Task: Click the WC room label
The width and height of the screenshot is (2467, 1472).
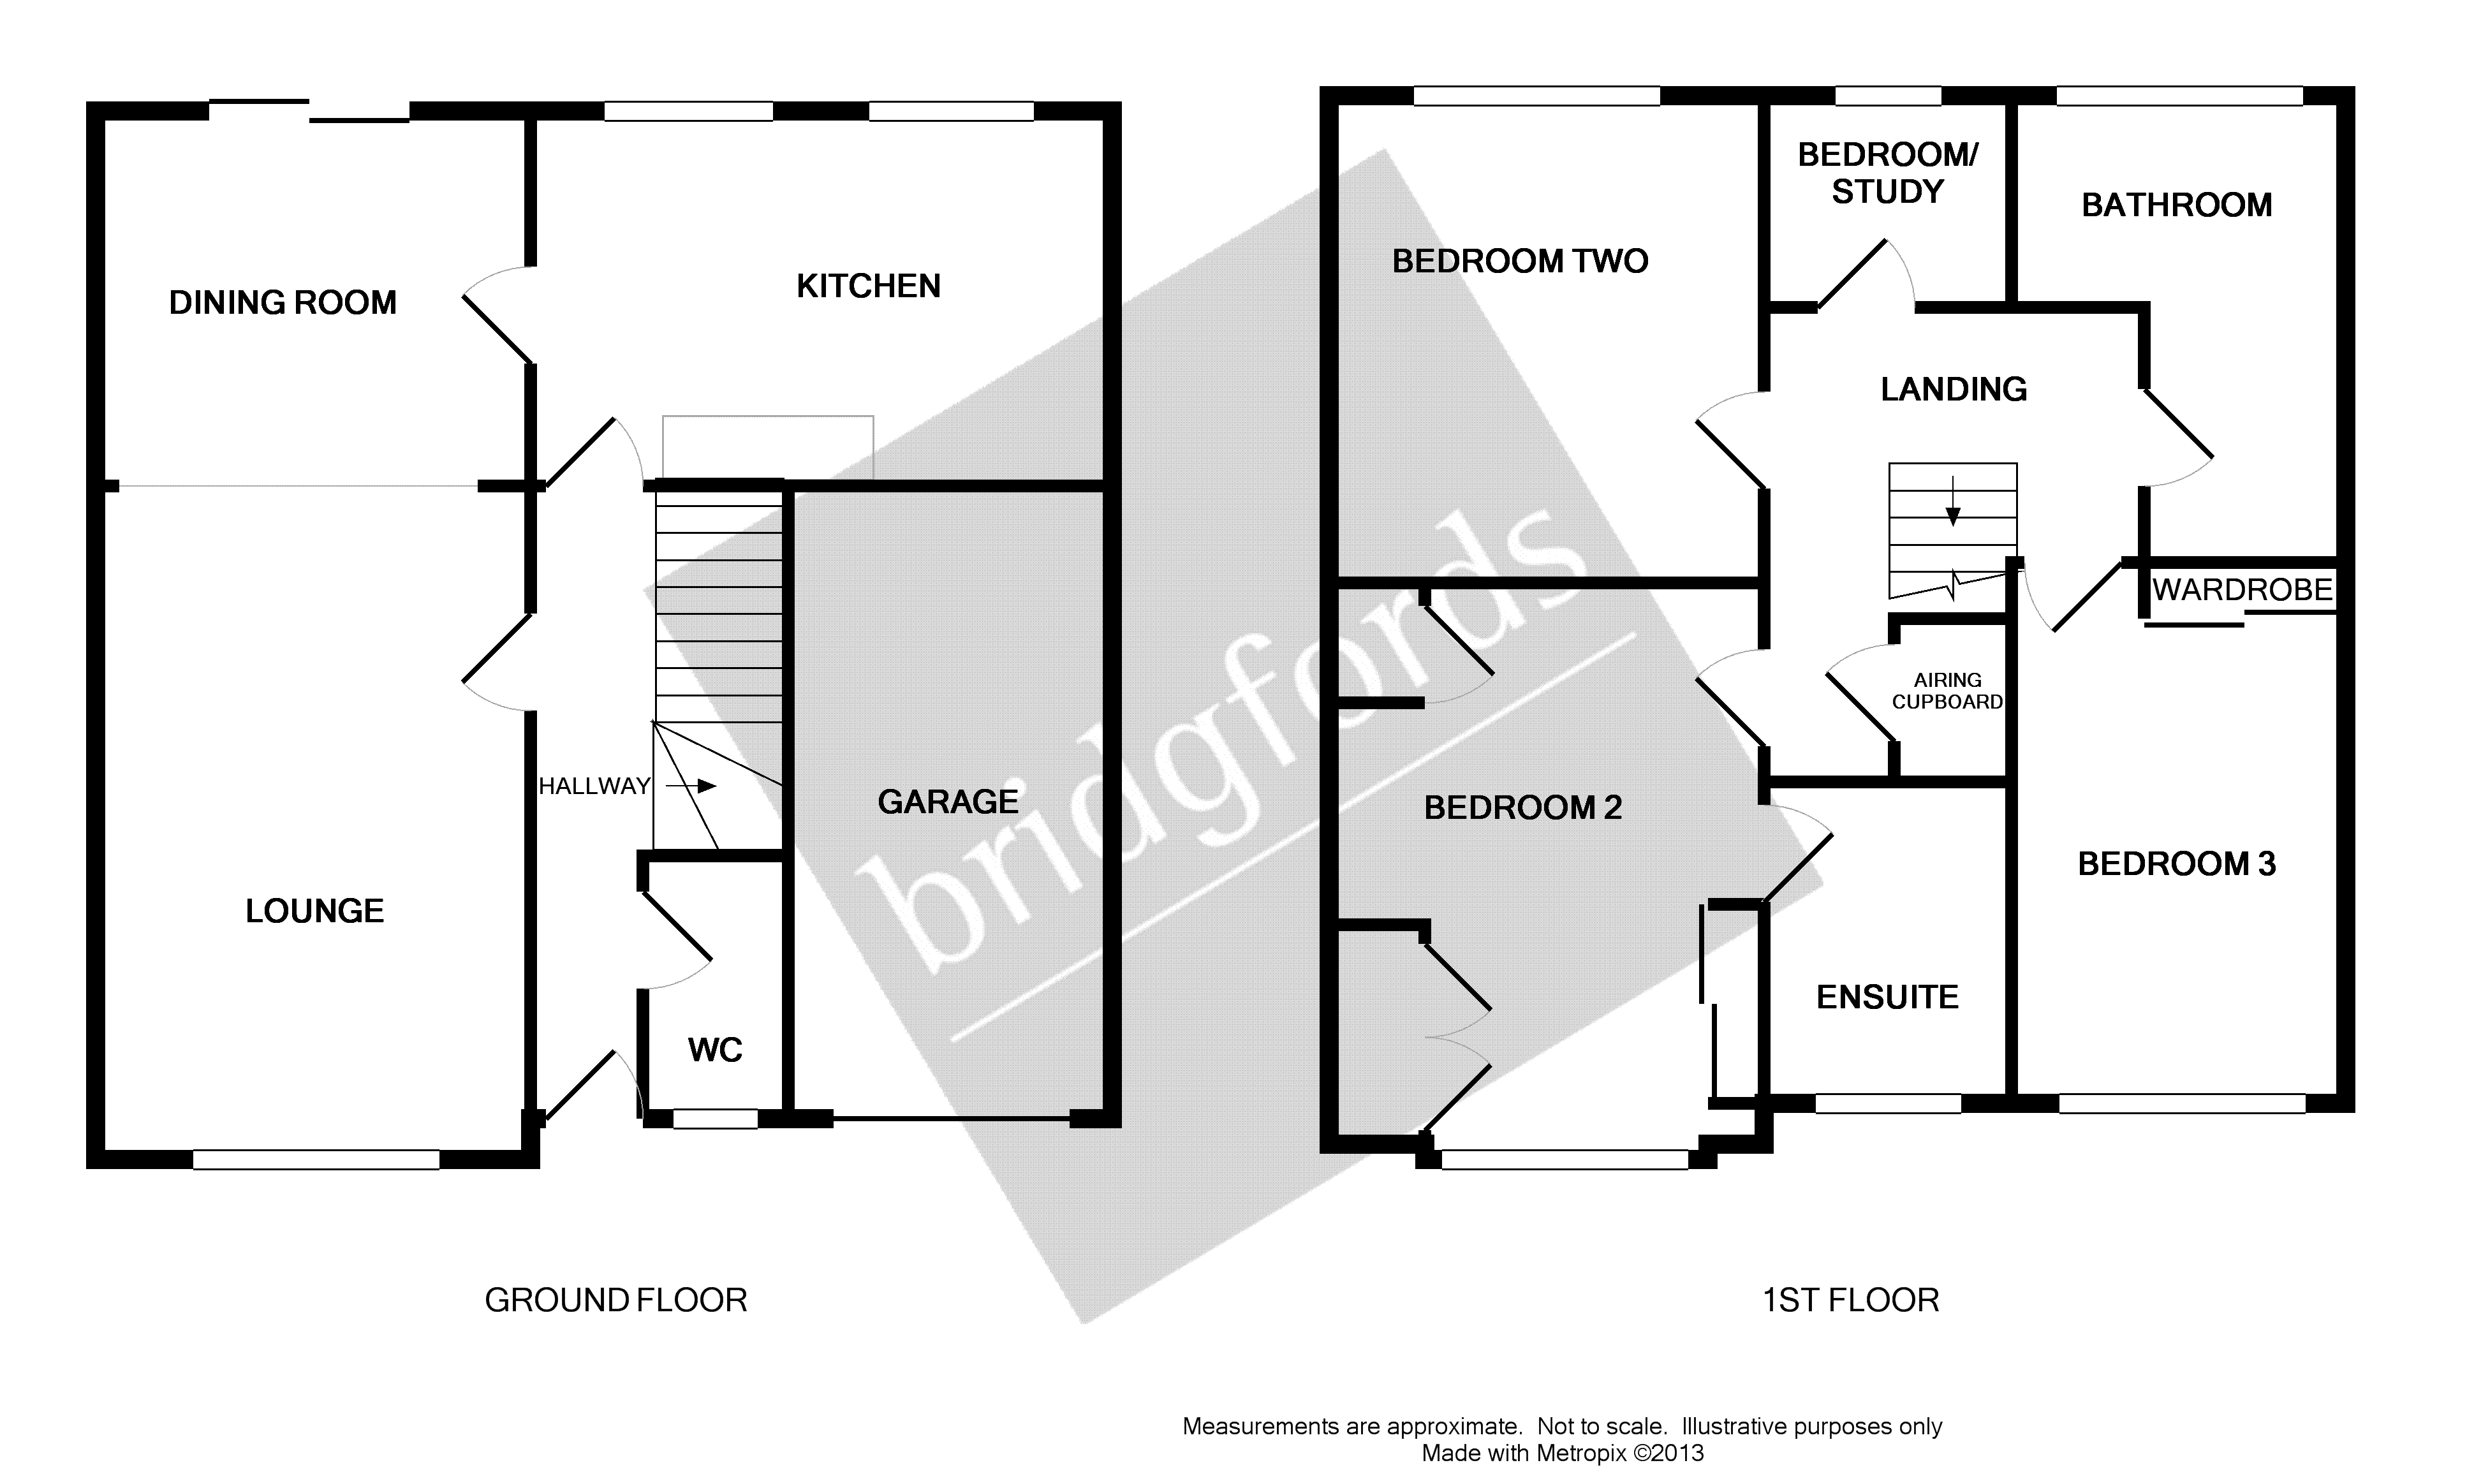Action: click(714, 1049)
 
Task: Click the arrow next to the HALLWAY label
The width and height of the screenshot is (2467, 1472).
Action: click(691, 786)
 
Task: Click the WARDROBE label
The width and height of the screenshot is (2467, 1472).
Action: click(2242, 590)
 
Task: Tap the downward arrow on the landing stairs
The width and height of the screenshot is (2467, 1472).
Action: click(1952, 503)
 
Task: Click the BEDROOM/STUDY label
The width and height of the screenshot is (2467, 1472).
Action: click(1887, 173)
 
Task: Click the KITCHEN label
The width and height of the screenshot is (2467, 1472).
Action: click(868, 286)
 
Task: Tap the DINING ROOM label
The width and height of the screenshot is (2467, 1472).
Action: click(283, 302)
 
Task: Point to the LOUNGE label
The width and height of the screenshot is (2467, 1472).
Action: click(314, 911)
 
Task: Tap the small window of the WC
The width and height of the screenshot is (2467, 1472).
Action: click(715, 1119)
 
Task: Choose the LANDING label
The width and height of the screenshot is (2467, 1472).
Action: click(1953, 389)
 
